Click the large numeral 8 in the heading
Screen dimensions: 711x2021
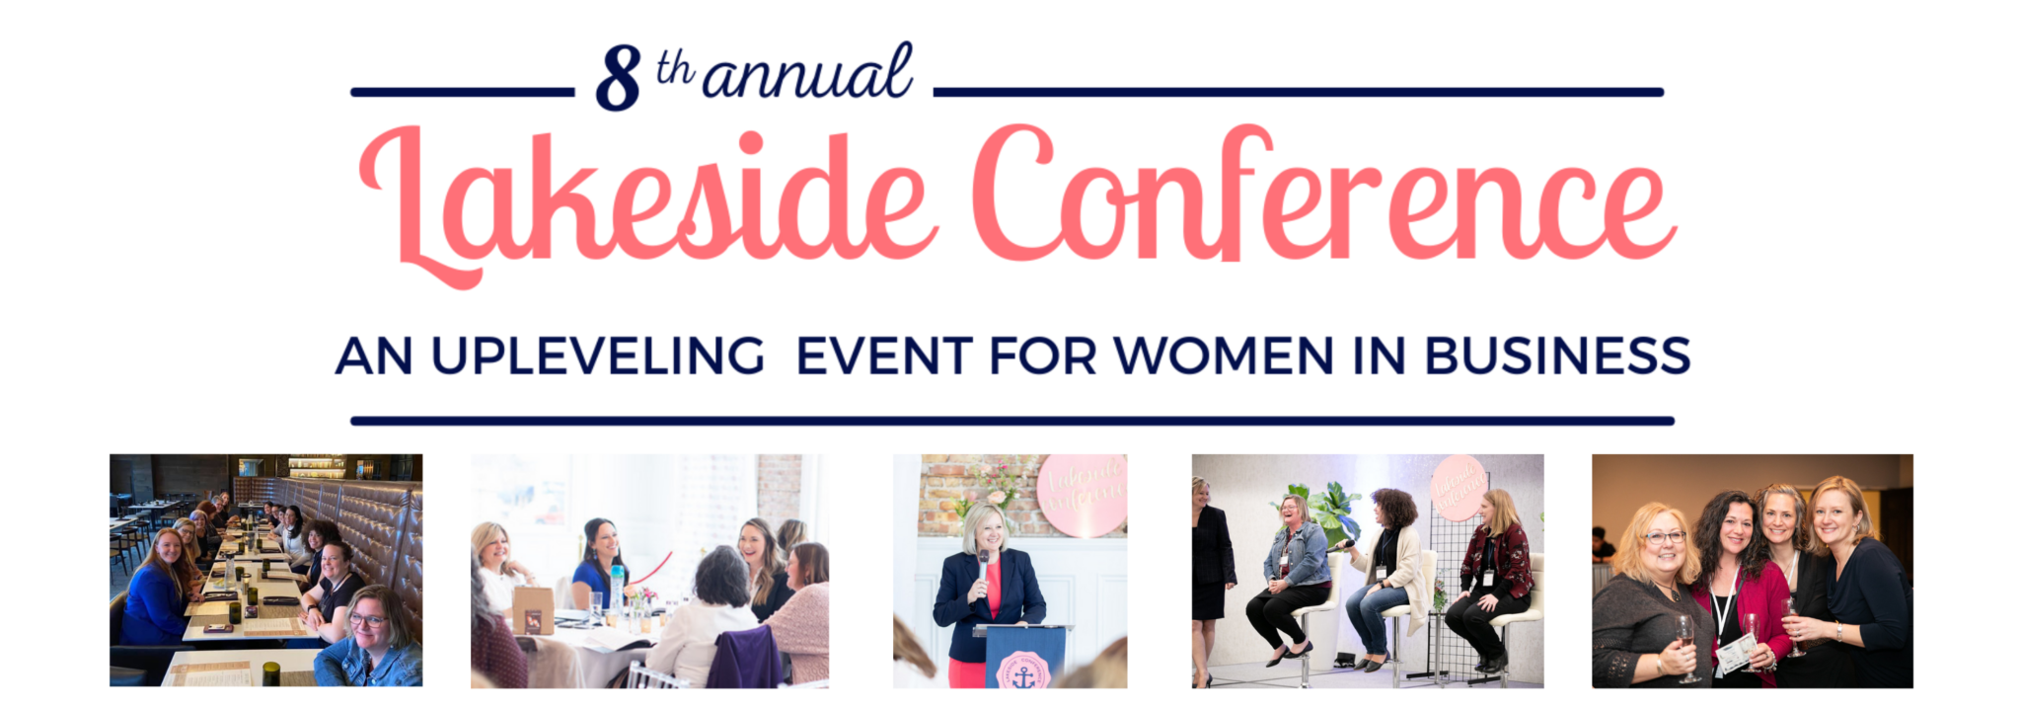pyautogui.click(x=618, y=79)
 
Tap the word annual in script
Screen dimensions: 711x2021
pyautogui.click(x=807, y=73)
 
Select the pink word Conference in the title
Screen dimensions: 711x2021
pyautogui.click(x=1322, y=197)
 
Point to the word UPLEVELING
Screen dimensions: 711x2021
pyautogui.click(x=598, y=356)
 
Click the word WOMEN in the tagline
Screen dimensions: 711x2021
pyautogui.click(x=1224, y=356)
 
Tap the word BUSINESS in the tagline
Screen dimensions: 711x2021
pyautogui.click(x=1557, y=356)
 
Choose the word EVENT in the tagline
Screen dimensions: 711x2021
pyautogui.click(x=884, y=356)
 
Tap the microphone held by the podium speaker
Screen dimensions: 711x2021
pyautogui.click(x=983, y=567)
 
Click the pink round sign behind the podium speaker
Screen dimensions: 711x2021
pyautogui.click(x=1083, y=494)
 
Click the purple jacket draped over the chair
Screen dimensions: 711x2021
pyautogui.click(x=745, y=657)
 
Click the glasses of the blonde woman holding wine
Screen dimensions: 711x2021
pyautogui.click(x=1664, y=537)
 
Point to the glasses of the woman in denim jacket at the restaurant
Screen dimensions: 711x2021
pyautogui.click(x=367, y=620)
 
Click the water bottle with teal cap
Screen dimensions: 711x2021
pyautogui.click(x=617, y=588)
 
